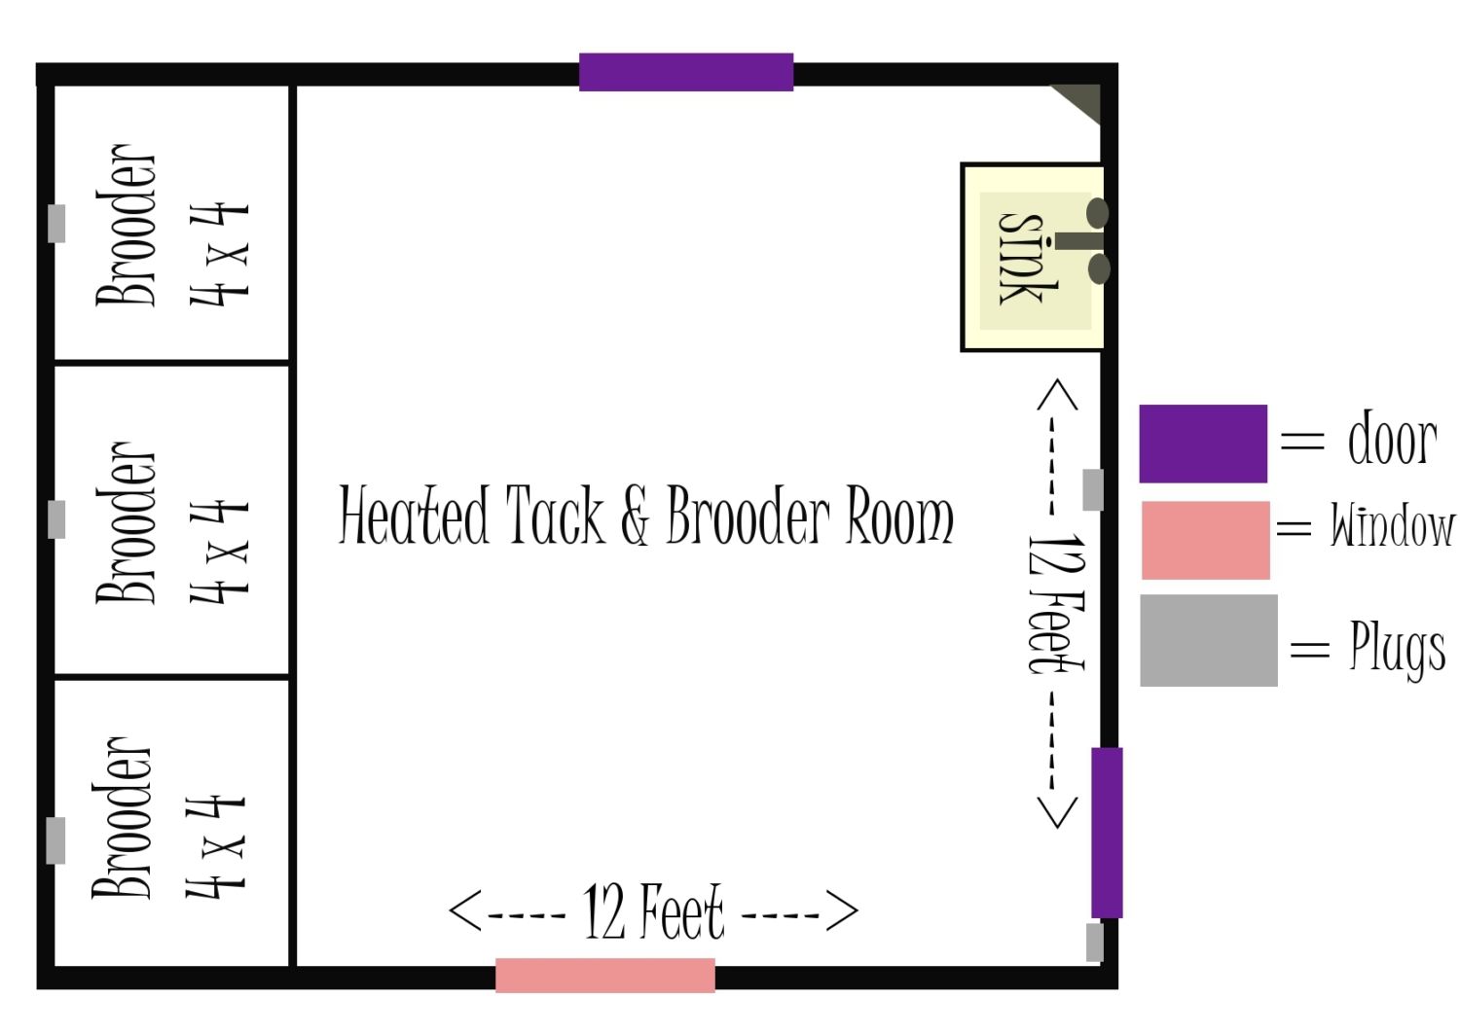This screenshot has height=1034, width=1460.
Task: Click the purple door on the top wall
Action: point(685,72)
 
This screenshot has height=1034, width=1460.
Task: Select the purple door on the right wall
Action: point(1107,832)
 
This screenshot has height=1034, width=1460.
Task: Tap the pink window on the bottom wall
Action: point(604,976)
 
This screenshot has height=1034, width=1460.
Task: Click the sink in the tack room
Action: point(1033,258)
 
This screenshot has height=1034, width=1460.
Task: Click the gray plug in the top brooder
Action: point(56,224)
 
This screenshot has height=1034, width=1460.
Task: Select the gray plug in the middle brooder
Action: point(56,519)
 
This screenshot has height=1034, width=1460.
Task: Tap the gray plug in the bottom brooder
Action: point(56,840)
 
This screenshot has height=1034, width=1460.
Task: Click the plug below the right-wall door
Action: point(1095,943)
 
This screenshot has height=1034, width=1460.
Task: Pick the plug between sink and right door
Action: point(1093,489)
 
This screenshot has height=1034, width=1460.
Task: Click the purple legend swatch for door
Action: point(1203,444)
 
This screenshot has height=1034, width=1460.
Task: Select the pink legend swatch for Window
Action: point(1206,540)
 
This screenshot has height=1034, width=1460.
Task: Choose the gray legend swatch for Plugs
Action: point(1209,640)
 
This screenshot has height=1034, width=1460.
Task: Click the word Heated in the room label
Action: point(414,516)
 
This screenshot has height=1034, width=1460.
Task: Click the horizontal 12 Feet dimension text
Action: point(654,911)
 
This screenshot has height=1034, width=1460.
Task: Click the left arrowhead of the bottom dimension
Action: point(464,910)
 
